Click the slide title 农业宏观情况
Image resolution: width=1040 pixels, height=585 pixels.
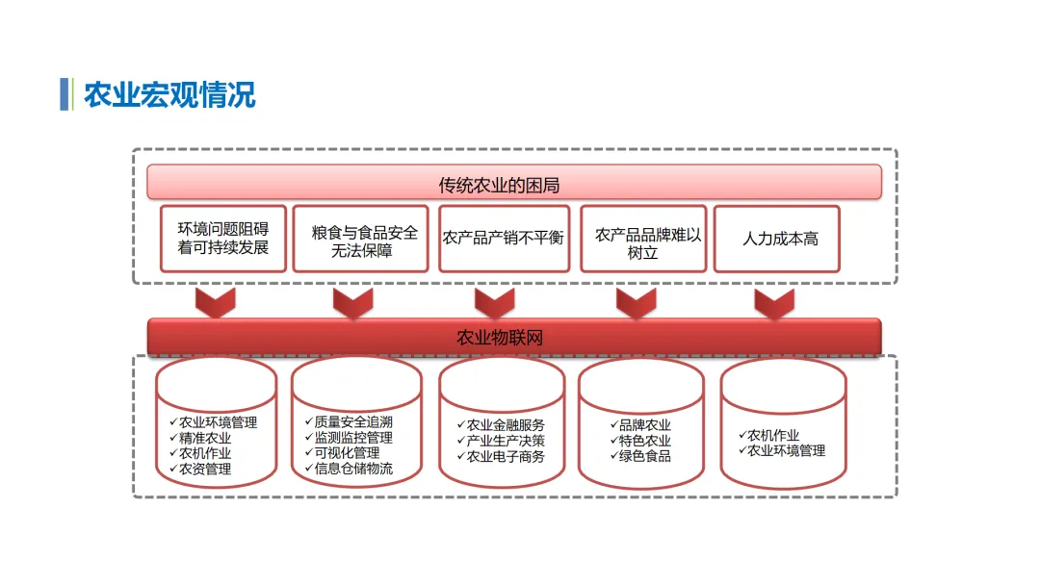coord(169,96)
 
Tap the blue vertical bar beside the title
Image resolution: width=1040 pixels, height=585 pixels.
coord(65,94)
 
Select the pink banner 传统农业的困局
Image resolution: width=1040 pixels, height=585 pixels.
coord(513,182)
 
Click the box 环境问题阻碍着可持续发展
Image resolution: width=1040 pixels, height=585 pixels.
coord(223,239)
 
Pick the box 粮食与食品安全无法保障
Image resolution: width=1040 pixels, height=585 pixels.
coord(360,239)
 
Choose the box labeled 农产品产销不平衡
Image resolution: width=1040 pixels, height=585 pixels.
coord(504,238)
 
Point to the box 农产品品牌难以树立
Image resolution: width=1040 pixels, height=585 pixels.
coord(643,239)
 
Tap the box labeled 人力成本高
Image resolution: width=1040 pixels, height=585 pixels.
coord(777,239)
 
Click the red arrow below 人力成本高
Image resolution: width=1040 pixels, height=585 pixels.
coord(774,303)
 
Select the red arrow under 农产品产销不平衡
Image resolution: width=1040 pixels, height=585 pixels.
coord(495,303)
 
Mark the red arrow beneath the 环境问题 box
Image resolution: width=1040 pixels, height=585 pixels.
coord(216,303)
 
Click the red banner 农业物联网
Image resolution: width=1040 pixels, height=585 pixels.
coord(513,337)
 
